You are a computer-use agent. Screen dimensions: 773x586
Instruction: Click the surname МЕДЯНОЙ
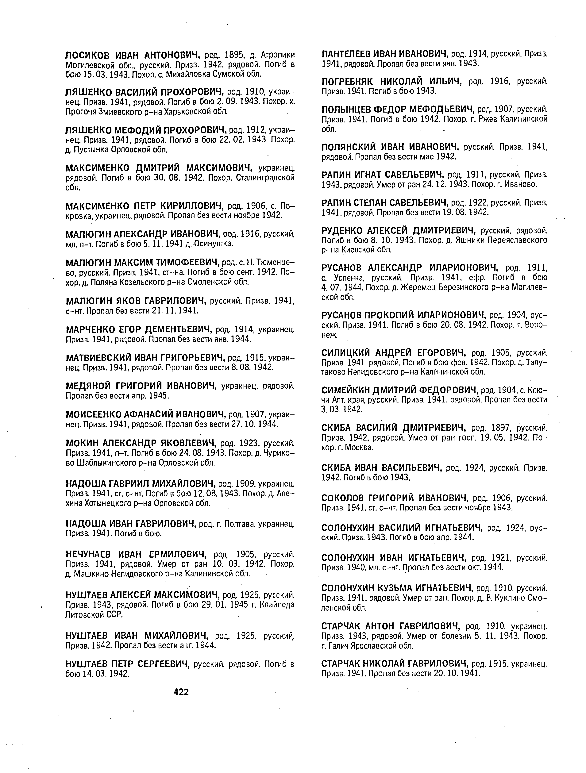[x=88, y=386]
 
